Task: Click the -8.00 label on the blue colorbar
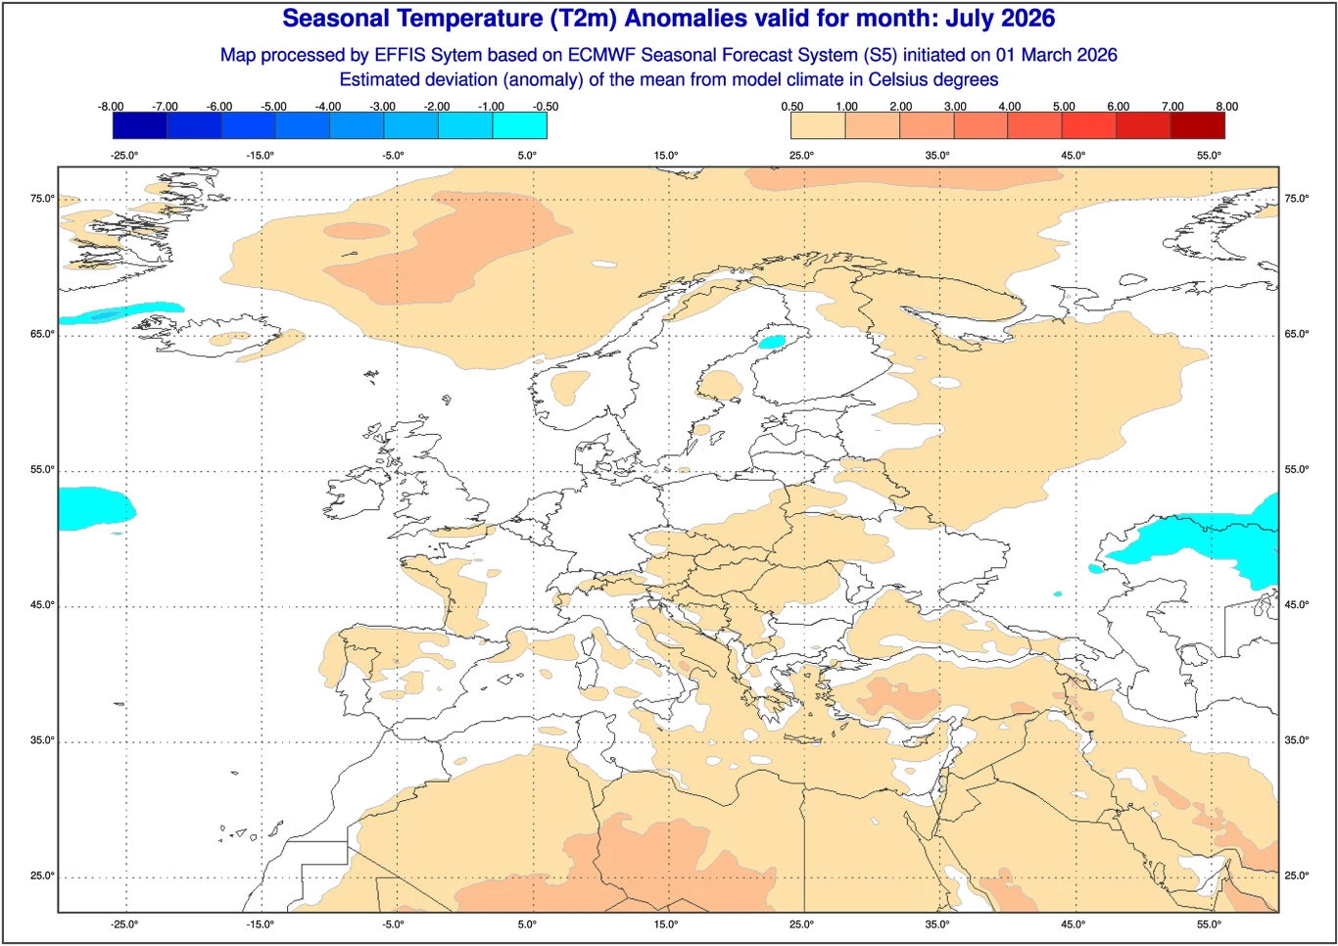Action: coord(111,106)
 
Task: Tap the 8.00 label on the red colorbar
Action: coord(1226,106)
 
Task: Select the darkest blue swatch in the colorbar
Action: coord(139,125)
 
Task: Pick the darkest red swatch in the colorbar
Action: coord(1197,125)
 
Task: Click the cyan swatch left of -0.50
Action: coord(519,125)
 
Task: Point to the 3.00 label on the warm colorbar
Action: coord(955,106)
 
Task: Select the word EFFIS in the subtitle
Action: coord(401,55)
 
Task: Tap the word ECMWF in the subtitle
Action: coord(602,55)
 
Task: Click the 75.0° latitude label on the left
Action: coord(42,199)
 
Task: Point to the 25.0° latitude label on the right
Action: coord(1296,875)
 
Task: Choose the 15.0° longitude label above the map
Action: coord(665,155)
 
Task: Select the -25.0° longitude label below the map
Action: coord(124,923)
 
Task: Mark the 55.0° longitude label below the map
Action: coord(1209,923)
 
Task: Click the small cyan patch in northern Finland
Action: coord(773,342)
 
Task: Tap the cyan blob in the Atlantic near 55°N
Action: coord(95,508)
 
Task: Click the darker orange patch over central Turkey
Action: coord(898,698)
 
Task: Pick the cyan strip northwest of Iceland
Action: coord(118,313)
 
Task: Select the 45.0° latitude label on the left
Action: coord(42,604)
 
